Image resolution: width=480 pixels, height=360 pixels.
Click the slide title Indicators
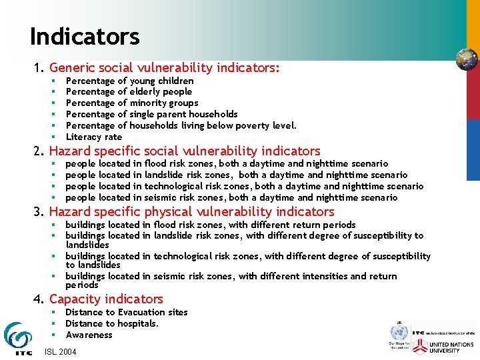click(85, 37)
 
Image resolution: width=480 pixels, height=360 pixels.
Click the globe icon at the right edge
click(467, 59)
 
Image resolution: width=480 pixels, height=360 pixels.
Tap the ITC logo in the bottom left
click(17, 337)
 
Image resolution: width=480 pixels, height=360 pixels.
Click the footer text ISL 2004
click(61, 351)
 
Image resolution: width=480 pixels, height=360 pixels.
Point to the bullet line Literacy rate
click(94, 137)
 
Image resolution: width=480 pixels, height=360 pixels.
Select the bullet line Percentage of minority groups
click(131, 103)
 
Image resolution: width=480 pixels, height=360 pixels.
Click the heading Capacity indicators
click(106, 299)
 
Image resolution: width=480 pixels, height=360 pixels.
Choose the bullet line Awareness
click(89, 335)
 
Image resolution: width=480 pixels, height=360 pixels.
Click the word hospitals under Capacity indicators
click(138, 323)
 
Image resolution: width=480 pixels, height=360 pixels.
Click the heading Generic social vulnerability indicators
click(164, 67)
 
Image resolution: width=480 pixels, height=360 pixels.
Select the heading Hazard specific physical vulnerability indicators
click(191, 211)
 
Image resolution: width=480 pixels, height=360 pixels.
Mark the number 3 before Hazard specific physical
click(37, 211)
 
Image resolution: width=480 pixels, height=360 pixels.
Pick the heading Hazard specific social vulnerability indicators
click(185, 151)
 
